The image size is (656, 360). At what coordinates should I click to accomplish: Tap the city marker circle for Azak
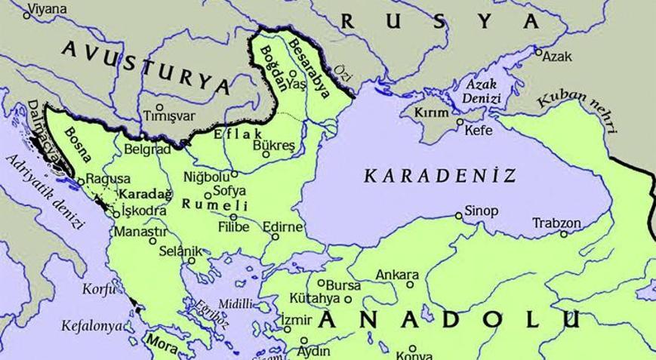(538, 52)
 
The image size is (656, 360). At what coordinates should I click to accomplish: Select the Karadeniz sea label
(441, 176)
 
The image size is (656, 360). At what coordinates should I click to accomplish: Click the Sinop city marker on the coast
(458, 216)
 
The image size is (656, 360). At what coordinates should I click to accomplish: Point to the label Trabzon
(557, 223)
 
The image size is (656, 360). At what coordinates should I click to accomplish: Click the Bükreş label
(273, 143)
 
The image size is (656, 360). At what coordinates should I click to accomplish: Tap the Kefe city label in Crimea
(479, 131)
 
